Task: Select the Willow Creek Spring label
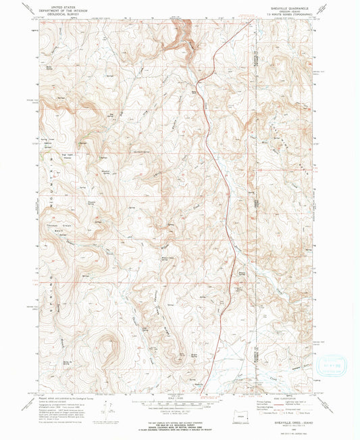click(x=170, y=258)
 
